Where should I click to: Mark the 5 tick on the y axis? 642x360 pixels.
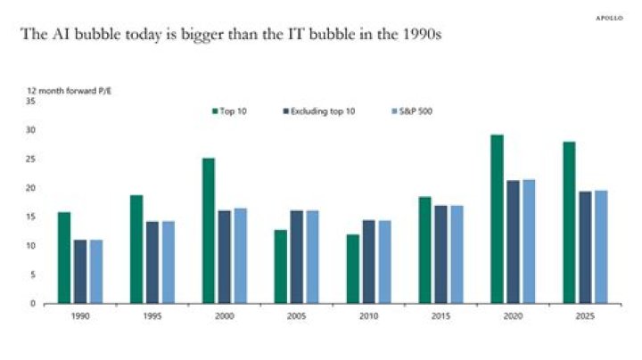tap(33, 274)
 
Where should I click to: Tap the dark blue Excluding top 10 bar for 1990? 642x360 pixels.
tap(80, 271)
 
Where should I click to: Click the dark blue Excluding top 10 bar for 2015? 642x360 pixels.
tap(441, 254)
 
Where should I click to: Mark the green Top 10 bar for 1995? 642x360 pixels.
tap(136, 249)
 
